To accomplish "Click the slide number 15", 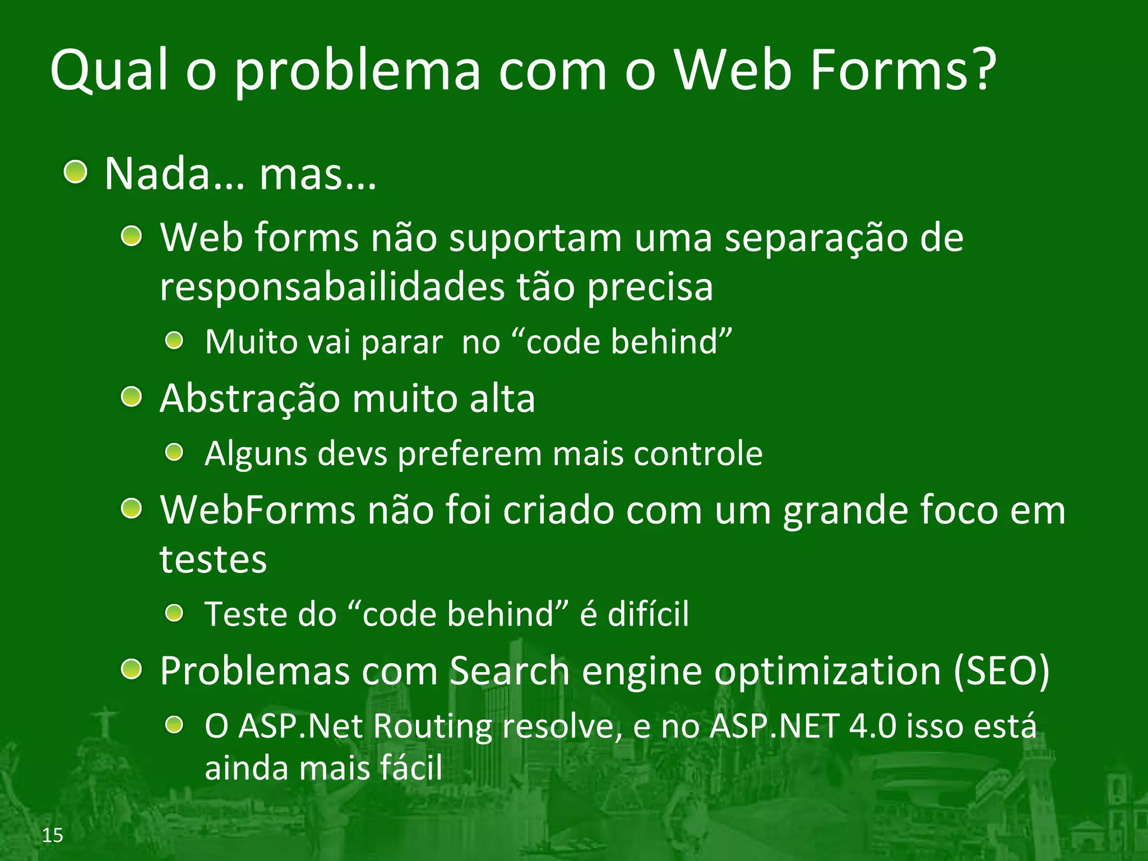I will pos(53,835).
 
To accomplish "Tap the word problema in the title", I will pos(358,72).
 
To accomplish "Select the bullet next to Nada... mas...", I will pos(75,172).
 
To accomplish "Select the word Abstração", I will pos(250,399).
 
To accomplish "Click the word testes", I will pos(213,559).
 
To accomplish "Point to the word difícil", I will pos(648,614).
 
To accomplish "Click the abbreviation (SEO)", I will pos(1001,671).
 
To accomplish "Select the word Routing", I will pos(432,726).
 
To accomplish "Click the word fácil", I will pos(411,768).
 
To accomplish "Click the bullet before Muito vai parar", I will pos(175,340).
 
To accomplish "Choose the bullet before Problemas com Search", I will pos(132,669).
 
